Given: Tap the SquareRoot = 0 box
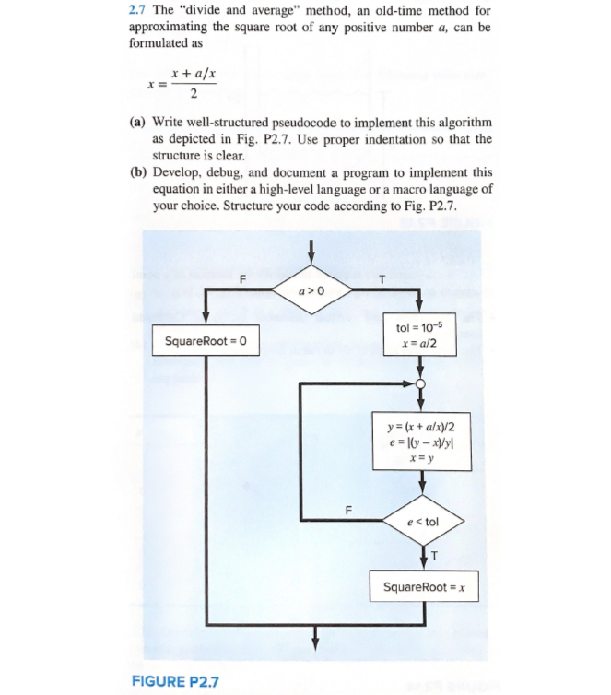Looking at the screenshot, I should point(206,343).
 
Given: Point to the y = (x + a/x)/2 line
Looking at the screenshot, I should point(421,426).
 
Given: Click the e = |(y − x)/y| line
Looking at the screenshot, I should point(421,441).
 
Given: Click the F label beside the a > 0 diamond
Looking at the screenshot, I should point(242,278).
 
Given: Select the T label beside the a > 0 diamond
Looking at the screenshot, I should point(381,278).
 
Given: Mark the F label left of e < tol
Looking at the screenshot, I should point(347,508).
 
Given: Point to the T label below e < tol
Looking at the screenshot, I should point(434,554).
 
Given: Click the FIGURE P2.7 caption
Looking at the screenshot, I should point(175,682).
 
